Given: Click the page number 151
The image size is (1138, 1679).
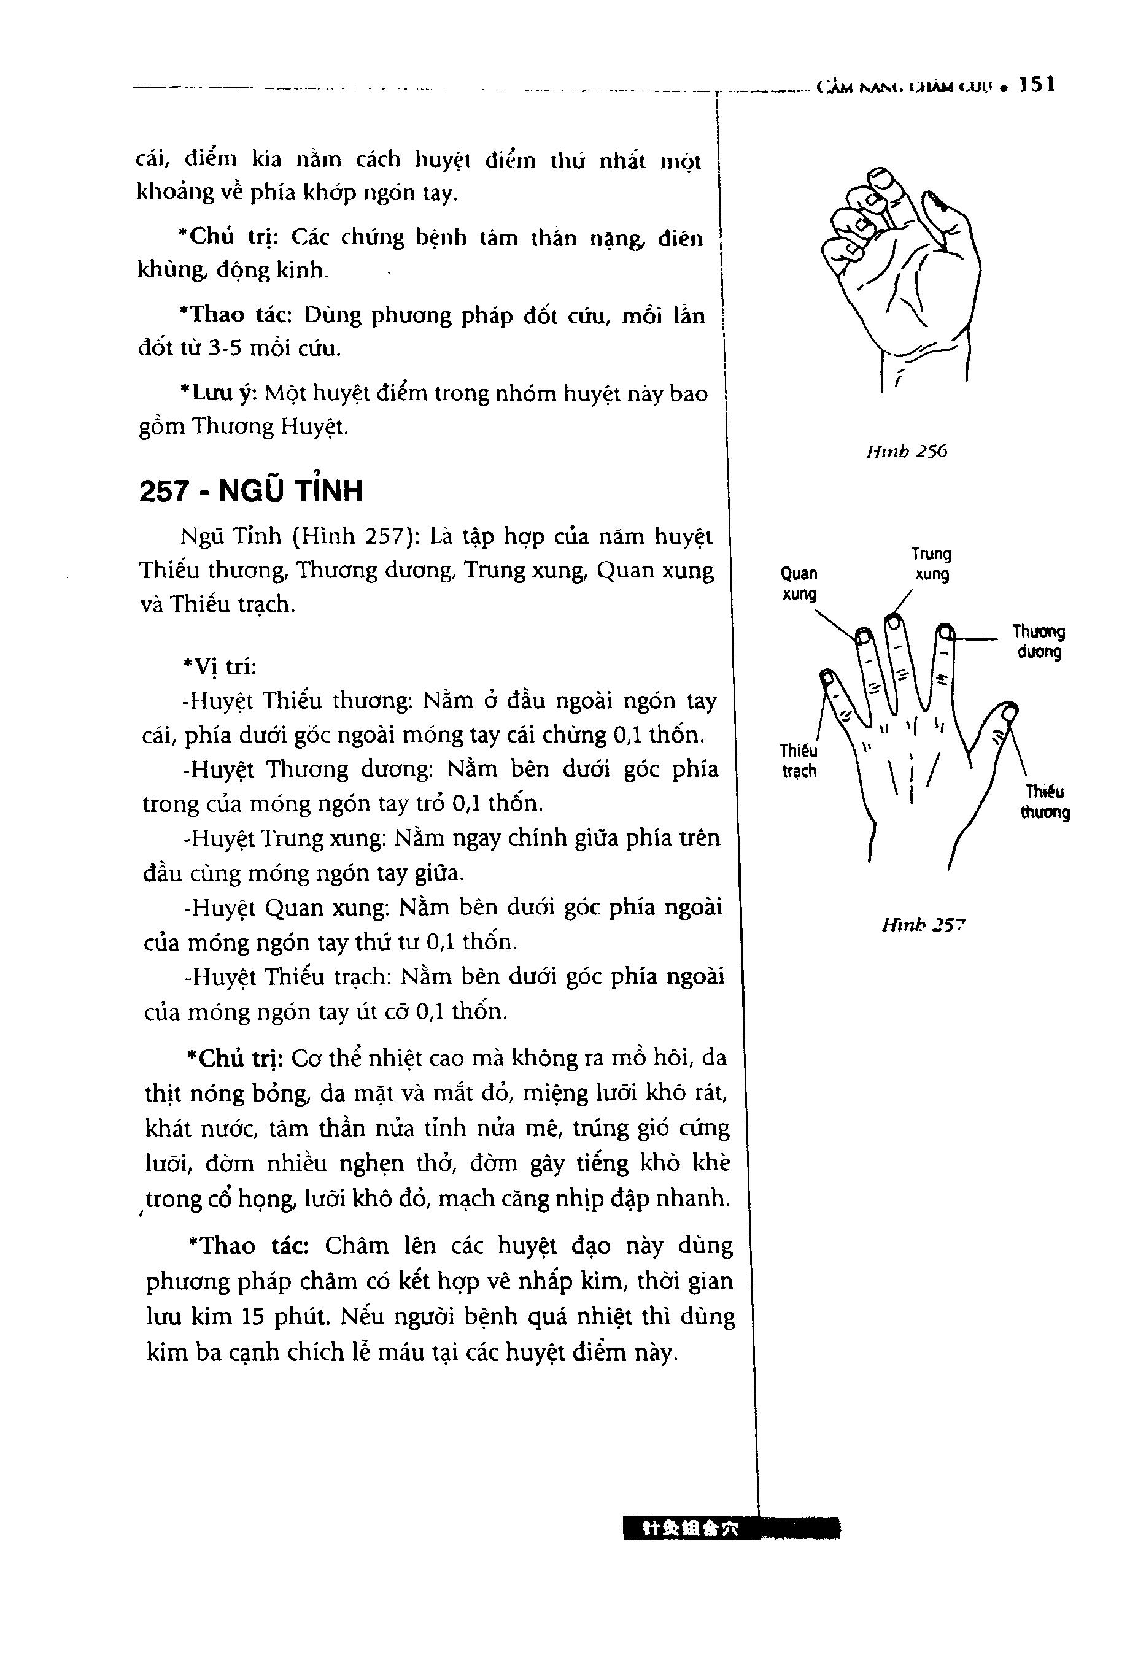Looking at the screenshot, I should point(1037,85).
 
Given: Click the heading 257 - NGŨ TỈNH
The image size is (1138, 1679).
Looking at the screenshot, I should point(250,492).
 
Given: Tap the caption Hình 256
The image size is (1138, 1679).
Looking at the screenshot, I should point(906,452).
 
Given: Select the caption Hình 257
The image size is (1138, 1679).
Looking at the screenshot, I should point(923,925).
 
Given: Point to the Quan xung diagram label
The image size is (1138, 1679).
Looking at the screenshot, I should point(799,584).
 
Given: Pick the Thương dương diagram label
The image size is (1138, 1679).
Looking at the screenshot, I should point(1039,641).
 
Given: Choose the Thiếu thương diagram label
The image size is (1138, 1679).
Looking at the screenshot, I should point(1045,802).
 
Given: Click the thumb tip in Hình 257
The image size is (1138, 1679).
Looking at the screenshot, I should point(1008,712).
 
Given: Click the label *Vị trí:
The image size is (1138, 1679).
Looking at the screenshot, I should point(220,666).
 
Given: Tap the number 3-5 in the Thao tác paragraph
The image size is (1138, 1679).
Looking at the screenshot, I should point(225,349).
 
